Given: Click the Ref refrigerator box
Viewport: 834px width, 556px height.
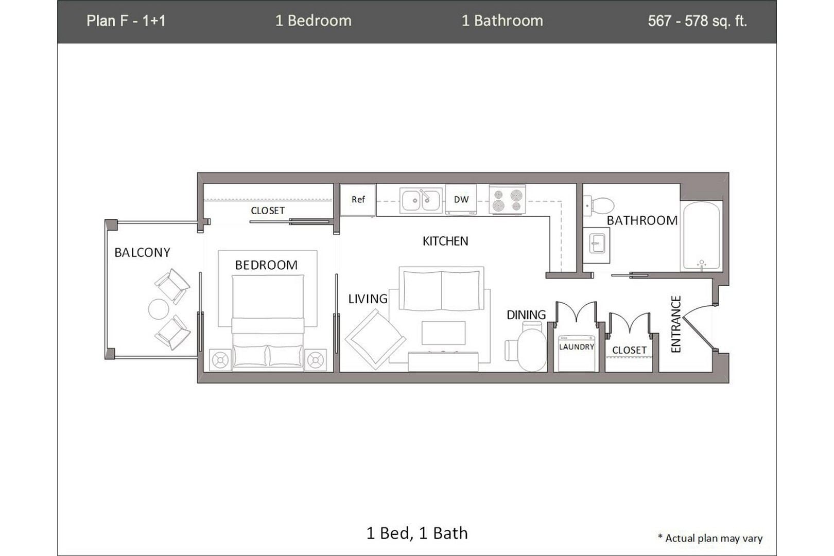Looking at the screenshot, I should (358, 200).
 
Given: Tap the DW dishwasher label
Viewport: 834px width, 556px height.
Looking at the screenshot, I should (461, 199).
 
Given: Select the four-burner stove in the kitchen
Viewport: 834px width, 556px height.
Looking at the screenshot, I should (507, 200).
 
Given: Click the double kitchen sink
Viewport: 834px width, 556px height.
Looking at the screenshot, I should (421, 200).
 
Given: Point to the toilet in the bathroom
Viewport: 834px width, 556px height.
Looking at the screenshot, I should (600, 205).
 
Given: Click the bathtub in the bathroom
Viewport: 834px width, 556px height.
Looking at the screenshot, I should (701, 236).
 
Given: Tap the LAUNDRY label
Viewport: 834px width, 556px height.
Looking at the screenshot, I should (577, 347).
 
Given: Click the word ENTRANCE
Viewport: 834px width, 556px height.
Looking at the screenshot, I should (676, 324).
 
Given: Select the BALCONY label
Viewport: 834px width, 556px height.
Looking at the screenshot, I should (142, 253).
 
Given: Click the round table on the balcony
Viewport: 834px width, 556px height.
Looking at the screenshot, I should (158, 309).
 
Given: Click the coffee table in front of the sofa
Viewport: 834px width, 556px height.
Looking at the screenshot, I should (443, 333).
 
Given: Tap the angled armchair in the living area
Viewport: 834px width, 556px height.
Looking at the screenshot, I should (375, 338).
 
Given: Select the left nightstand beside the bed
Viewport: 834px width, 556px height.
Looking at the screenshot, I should (220, 360).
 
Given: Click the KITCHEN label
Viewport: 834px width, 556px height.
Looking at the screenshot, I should (445, 241).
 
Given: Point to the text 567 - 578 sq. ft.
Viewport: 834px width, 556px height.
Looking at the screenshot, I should (697, 21).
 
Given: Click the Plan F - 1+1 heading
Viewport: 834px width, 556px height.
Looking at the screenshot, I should (126, 21).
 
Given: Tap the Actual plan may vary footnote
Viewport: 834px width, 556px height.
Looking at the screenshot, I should (710, 538).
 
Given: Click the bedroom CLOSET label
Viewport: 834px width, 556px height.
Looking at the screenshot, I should (268, 211).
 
